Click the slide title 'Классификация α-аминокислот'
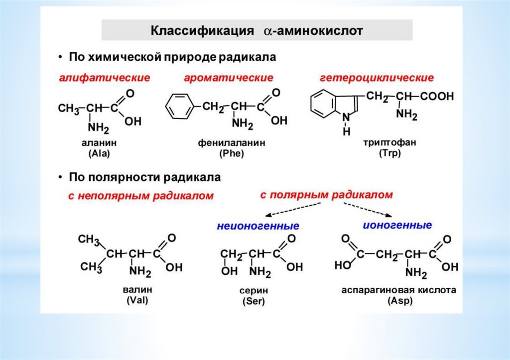pyautogui.click(x=257, y=31)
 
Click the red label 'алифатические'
pyautogui.click(x=105, y=78)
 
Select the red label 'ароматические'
pyautogui.click(x=229, y=78)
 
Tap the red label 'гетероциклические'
pyautogui.click(x=377, y=78)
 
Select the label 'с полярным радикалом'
pyautogui.click(x=326, y=194)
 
